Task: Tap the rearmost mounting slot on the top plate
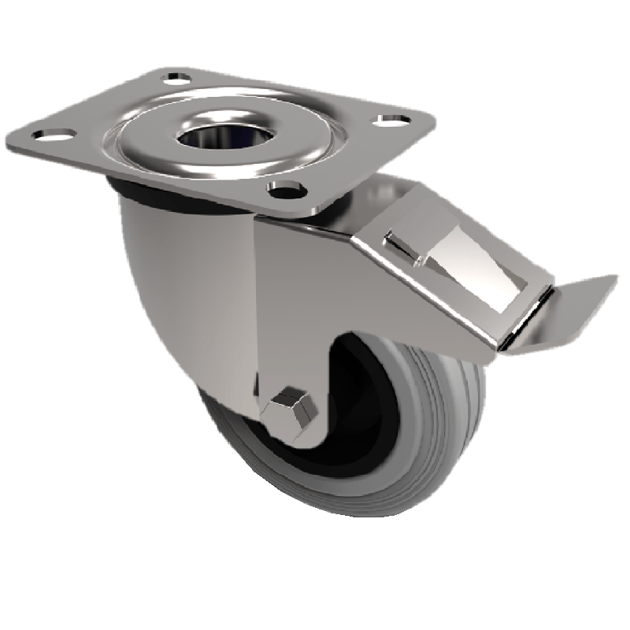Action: [177, 79]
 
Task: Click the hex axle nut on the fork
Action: [291, 409]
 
